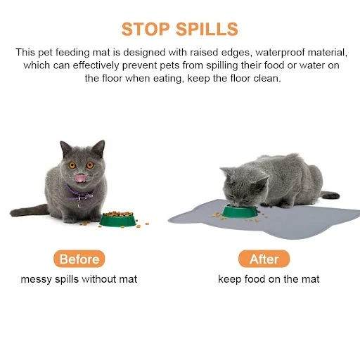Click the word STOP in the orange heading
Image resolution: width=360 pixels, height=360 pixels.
[146, 29]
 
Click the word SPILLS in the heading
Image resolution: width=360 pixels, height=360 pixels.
[207, 29]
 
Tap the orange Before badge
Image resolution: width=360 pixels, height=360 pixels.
[79, 259]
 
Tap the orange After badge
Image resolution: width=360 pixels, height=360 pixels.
[264, 259]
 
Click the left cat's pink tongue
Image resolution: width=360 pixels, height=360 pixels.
[80, 178]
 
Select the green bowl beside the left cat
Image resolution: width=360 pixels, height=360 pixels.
[118, 220]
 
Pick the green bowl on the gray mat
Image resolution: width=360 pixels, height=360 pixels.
[239, 211]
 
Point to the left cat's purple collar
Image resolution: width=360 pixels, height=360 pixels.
[79, 193]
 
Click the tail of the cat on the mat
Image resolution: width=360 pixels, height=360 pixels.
[330, 195]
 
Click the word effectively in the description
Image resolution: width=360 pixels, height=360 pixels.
[96, 65]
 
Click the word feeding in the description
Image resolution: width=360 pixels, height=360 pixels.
[72, 53]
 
